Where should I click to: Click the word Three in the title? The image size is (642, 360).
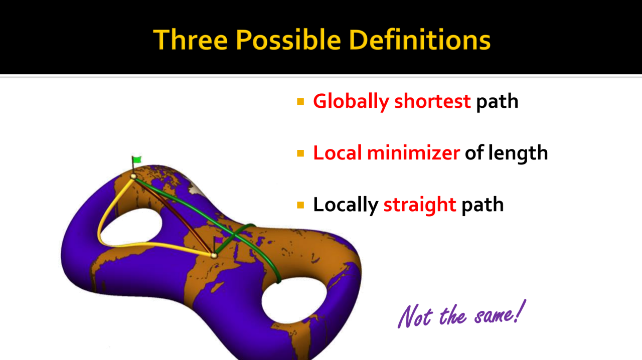click(x=191, y=40)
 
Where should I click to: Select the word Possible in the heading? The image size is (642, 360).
click(x=288, y=40)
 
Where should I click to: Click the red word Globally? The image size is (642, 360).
click(x=351, y=101)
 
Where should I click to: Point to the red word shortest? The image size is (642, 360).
click(x=432, y=101)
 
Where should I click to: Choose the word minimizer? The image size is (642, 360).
click(x=414, y=152)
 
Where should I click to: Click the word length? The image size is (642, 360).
click(x=518, y=153)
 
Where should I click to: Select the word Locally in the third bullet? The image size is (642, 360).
click(x=346, y=205)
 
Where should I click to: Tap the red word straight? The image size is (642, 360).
click(x=420, y=205)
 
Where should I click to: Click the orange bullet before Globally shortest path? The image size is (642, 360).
click(x=300, y=101)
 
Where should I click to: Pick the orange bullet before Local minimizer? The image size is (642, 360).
click(x=300, y=153)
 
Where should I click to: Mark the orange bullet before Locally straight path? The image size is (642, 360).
click(x=300, y=205)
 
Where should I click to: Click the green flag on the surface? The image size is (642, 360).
click(x=137, y=159)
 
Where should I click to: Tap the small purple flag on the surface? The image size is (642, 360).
click(x=219, y=240)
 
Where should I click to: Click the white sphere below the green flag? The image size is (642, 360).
click(x=133, y=176)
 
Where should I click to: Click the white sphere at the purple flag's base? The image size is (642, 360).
click(x=214, y=255)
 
